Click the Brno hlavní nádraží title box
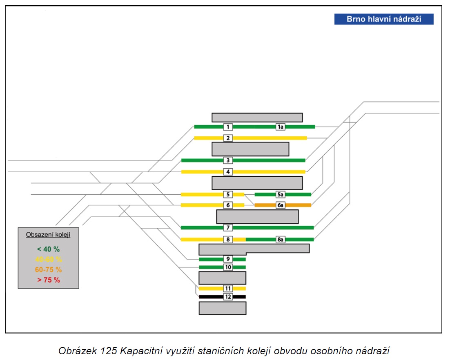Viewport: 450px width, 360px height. (384, 19)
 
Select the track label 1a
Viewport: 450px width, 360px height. (281, 127)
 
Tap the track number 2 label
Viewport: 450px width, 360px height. (228, 138)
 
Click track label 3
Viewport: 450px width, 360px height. (228, 160)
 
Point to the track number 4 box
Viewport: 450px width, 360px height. (228, 172)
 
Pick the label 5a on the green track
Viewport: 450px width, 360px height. (281, 194)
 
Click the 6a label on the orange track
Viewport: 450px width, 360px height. (281, 205)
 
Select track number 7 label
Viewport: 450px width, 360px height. (228, 228)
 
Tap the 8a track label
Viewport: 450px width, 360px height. (281, 240)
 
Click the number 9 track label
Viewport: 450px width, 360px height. (228, 259)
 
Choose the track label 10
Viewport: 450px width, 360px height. (228, 267)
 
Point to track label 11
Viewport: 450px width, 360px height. (228, 289)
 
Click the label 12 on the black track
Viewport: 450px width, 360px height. (228, 297)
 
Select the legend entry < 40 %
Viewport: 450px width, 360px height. (49, 249)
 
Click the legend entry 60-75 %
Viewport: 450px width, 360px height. (49, 270)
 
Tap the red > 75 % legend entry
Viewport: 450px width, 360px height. (49, 280)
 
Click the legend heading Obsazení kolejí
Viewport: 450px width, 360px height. (48, 235)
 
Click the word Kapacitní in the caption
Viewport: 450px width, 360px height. (140, 351)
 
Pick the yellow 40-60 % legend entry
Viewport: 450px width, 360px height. (49, 260)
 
